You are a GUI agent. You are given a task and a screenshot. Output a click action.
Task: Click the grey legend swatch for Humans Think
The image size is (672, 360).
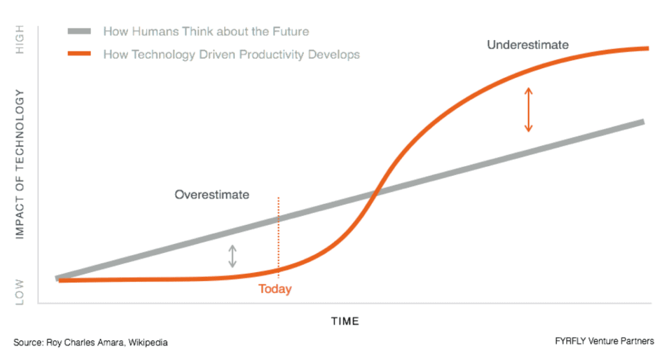coord(80,31)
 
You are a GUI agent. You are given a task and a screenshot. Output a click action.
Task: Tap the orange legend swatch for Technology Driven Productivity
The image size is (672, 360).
coord(80,54)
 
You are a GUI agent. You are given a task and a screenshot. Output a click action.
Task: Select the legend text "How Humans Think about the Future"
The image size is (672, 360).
coord(206,31)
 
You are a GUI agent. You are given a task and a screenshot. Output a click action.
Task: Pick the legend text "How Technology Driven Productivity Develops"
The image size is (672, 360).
coord(231,54)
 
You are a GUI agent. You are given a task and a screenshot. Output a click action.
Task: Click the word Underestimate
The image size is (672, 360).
coord(527,45)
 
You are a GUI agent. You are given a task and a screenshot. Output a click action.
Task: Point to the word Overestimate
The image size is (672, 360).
coord(212,194)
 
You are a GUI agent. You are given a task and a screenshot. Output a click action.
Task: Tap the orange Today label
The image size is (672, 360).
coord(274,289)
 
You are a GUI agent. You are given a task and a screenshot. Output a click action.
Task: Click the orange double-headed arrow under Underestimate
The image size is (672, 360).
coord(529,109)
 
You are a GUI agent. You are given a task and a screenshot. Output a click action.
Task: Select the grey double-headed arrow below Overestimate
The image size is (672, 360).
coord(233,256)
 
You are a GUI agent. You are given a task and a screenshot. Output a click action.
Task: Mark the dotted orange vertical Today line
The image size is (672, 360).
coord(278,237)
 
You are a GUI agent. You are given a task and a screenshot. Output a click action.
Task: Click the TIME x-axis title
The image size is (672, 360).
coord(345,321)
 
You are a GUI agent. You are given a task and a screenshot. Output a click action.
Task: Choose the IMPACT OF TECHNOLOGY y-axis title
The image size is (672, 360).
coord(20,164)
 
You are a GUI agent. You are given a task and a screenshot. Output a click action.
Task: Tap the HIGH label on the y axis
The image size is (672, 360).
coord(20,39)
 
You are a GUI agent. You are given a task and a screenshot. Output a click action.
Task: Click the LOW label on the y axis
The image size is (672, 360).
coord(20,292)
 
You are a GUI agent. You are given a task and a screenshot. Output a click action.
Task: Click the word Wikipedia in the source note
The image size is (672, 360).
coord(148,343)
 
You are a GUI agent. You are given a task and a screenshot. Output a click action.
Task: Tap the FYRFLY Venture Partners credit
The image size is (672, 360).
coord(604,341)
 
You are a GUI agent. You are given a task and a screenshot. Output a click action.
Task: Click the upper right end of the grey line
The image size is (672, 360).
coord(643,122)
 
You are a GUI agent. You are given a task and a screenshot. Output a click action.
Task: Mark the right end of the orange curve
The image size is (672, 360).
coord(649,48)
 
